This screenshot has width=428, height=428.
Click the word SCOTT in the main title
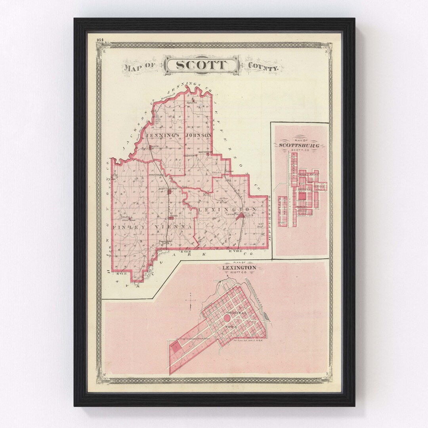point(201,65)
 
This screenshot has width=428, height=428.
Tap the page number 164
point(99,39)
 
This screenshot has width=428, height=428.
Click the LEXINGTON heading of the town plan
point(239,268)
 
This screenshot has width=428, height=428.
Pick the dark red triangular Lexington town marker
point(239,216)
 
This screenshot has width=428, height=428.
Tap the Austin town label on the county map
point(154,147)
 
